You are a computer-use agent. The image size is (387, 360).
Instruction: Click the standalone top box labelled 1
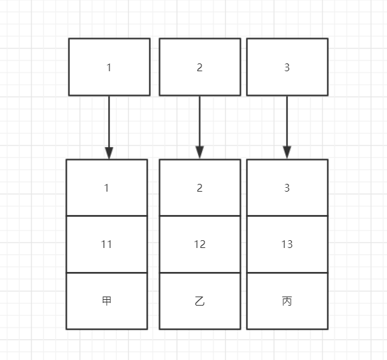[109, 67]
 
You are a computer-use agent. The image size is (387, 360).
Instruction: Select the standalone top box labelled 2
[200, 67]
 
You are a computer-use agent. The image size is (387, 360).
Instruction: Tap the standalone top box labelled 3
[287, 67]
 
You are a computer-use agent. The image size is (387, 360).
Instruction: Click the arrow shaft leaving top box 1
[109, 122]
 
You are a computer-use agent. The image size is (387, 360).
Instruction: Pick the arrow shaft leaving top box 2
[200, 121]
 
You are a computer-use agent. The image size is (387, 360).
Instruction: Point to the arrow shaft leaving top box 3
[287, 121]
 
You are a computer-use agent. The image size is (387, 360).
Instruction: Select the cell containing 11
[107, 244]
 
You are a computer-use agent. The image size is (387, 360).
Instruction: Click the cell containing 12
[200, 244]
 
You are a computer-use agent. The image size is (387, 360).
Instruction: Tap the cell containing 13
[287, 244]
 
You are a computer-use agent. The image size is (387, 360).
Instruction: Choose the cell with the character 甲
[107, 301]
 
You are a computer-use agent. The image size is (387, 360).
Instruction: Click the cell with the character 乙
[200, 301]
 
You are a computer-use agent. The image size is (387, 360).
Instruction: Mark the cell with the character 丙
[287, 301]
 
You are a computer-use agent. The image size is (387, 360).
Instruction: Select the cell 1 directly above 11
[107, 187]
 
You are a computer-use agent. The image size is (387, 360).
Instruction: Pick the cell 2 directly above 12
[200, 187]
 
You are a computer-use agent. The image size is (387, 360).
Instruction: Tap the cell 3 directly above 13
[287, 187]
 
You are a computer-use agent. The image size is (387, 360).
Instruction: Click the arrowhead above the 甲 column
[109, 153]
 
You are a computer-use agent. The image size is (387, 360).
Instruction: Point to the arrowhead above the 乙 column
[200, 152]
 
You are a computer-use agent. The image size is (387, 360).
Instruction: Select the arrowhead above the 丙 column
[287, 152]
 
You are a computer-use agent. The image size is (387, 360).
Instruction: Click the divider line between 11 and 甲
[107, 273]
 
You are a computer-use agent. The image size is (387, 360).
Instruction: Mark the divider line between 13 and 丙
[287, 273]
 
